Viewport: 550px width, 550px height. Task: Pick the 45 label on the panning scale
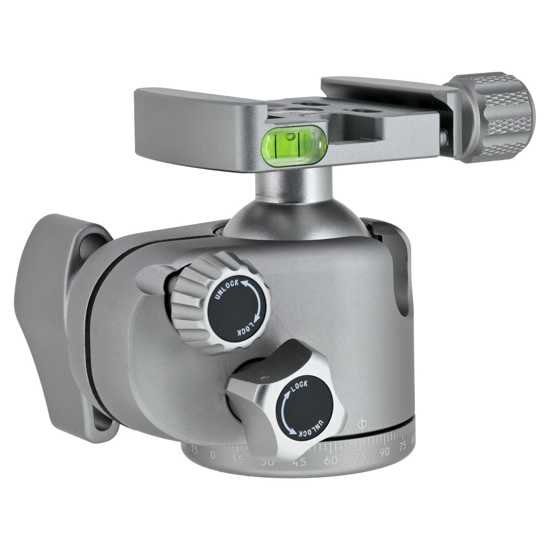pyautogui.click(x=299, y=462)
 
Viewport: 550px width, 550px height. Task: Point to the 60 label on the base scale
pyautogui.click(x=331, y=461)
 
